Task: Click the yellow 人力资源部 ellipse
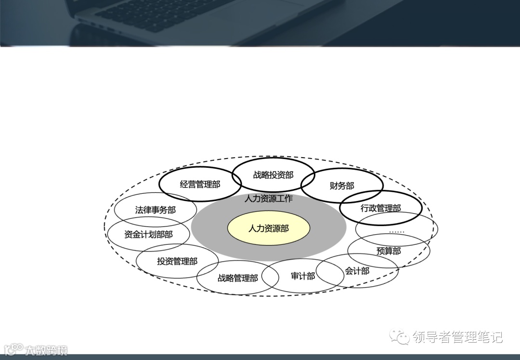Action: (268, 228)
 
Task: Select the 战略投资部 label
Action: (273, 175)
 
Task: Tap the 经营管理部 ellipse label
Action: (200, 184)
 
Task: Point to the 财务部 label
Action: (342, 186)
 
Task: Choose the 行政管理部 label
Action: (380, 208)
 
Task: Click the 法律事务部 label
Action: (155, 210)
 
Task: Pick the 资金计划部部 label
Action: (148, 235)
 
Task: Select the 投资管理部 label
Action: (177, 261)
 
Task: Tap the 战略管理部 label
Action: (237, 278)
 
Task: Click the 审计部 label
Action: (303, 276)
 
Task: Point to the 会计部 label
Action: (357, 271)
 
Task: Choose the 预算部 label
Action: (388, 251)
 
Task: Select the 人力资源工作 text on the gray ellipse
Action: (268, 199)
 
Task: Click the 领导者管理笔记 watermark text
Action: (457, 336)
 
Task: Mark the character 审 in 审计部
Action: (295, 276)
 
